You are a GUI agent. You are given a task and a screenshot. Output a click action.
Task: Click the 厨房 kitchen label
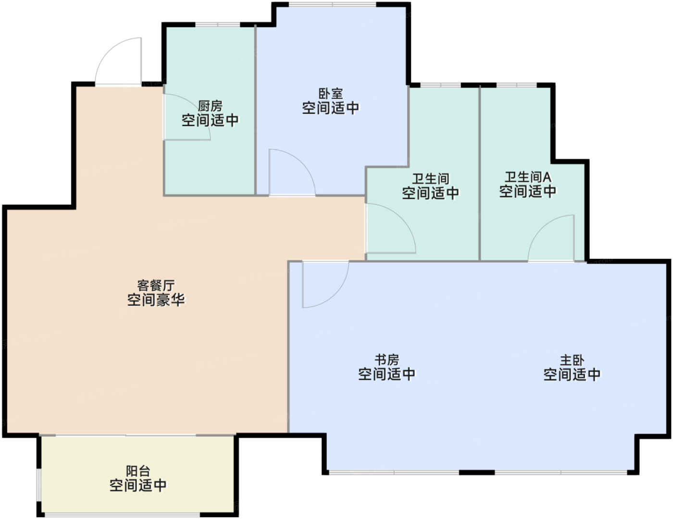[210, 106]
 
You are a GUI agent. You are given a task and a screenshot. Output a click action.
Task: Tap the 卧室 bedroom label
[331, 94]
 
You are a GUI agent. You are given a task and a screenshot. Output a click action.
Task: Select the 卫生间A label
[528, 177]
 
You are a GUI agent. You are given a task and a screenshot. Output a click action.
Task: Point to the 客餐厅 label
[156, 286]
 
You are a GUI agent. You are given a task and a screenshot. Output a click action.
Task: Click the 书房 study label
[387, 360]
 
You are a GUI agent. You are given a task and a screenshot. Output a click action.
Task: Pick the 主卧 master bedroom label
[572, 361]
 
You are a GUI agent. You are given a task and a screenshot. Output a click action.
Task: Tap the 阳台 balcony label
[138, 471]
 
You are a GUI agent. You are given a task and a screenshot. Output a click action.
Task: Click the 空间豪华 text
[156, 300]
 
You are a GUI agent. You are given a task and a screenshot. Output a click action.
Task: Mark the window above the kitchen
[218, 24]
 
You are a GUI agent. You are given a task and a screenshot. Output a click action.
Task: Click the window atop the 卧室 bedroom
[333, 4]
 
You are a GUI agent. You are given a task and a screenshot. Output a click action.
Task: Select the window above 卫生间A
[517, 85]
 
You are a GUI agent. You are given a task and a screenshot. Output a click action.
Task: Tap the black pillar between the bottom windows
[477, 472]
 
